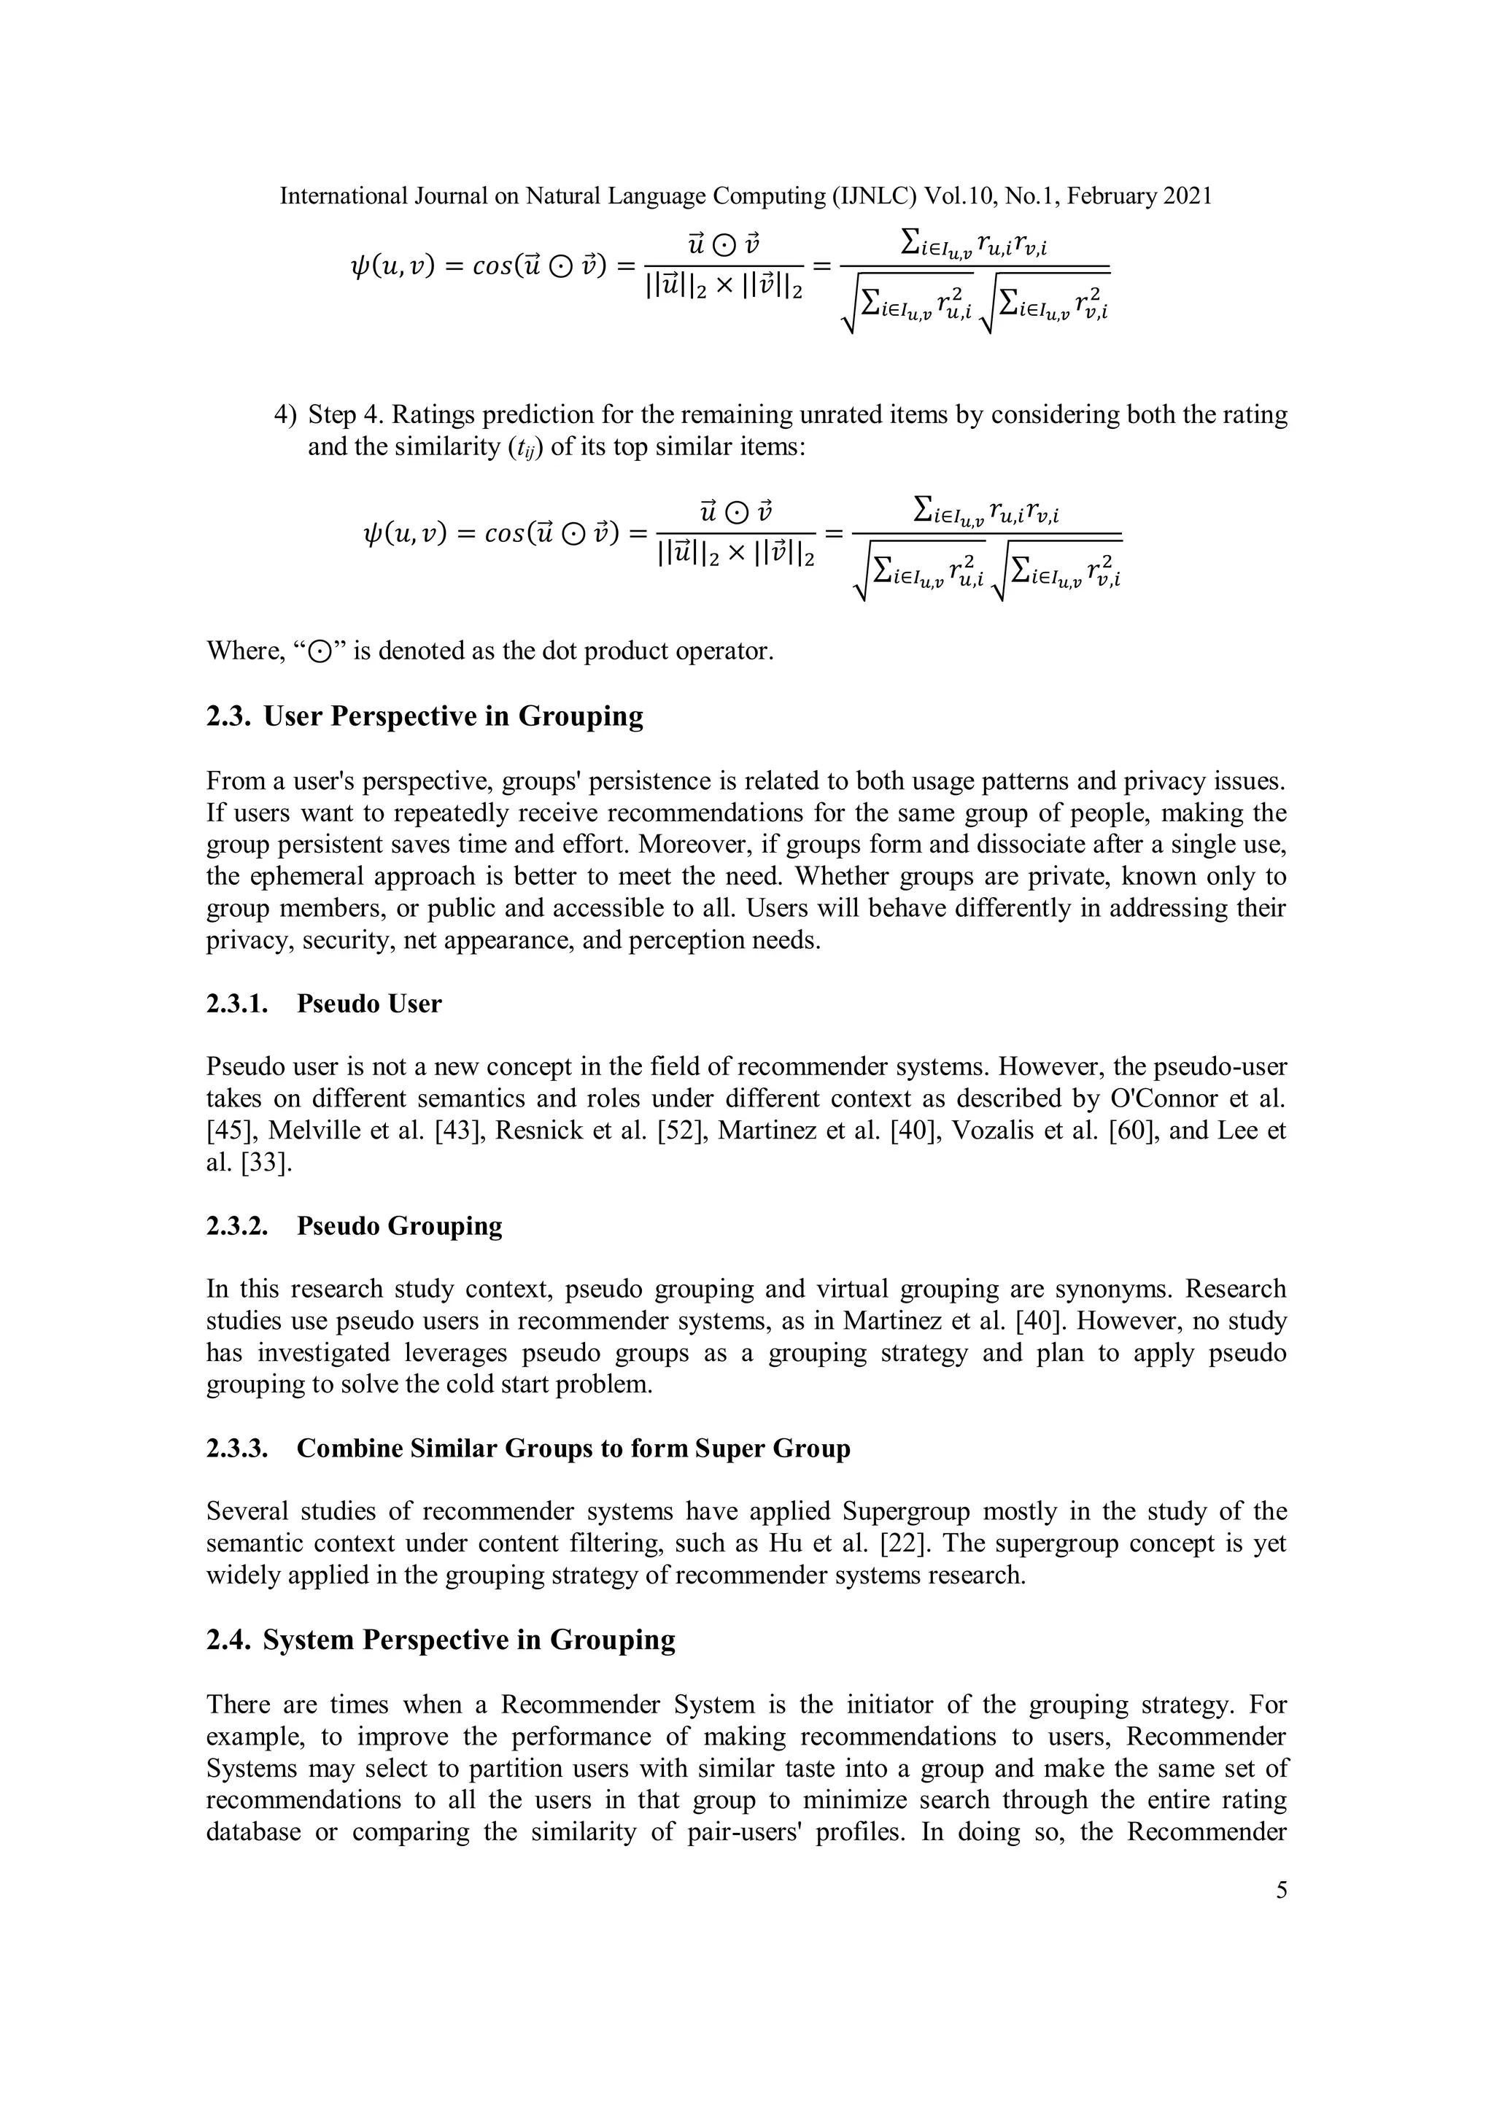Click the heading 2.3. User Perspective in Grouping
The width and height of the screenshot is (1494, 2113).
425,716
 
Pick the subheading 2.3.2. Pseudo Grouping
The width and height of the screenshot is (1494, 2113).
354,1226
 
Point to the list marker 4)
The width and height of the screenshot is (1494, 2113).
285,415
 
